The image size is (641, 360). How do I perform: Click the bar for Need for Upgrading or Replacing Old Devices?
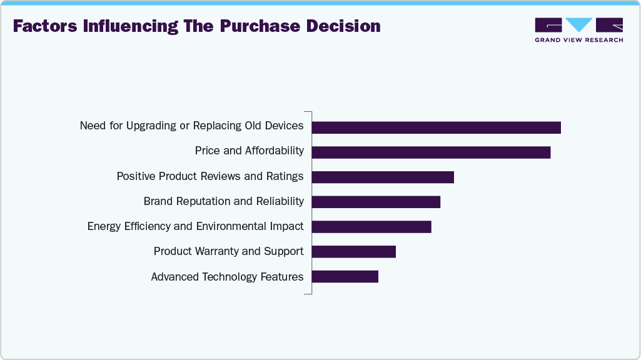coord(436,127)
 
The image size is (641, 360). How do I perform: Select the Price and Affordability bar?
coord(431,152)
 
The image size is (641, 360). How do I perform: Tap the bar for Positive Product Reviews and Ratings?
coord(383,177)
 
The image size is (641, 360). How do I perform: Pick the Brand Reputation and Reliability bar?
coord(376,202)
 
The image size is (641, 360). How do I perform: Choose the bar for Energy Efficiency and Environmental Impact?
coord(371,227)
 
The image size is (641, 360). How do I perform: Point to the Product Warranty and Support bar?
coord(353,252)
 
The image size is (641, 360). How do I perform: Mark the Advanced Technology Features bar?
coord(345,276)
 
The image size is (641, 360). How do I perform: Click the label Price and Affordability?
coord(249,151)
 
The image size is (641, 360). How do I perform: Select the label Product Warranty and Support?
coord(228,251)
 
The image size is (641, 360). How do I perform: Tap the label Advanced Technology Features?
coord(227,276)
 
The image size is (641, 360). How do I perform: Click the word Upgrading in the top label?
coord(151,126)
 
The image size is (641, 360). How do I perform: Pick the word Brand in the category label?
coord(157,201)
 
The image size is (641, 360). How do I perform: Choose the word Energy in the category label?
coord(103,226)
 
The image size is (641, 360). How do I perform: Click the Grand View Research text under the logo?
coord(578,40)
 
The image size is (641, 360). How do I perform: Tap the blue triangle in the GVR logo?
coord(579,24)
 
